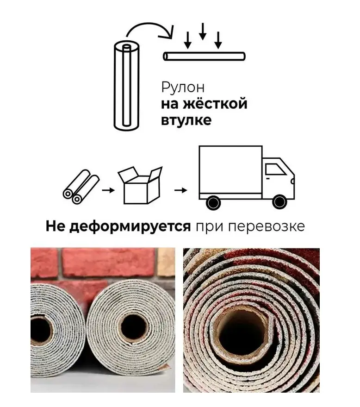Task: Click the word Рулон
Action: point(183,88)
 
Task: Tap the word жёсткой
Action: point(215,104)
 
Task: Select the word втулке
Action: point(186,120)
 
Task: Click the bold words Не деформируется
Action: point(118,226)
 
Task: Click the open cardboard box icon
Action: point(140,185)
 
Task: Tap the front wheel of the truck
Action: point(279,202)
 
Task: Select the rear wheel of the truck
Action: point(213,202)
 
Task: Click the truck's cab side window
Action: point(275,169)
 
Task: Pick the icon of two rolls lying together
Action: point(81,187)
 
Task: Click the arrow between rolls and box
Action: point(108,190)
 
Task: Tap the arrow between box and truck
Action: point(181,190)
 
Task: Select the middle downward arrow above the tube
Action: point(203,31)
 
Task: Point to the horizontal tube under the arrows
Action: point(204,56)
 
